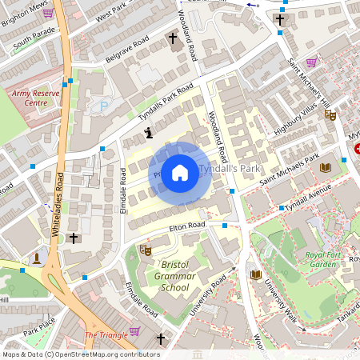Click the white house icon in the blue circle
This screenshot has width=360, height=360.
[x=180, y=171]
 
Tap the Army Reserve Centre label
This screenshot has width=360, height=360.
[x=36, y=98]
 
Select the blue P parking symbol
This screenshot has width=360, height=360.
[x=102, y=106]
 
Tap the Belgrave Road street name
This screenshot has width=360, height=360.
[x=129, y=53]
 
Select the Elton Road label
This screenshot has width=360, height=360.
[x=187, y=227]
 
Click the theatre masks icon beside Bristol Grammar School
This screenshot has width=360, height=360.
[x=146, y=250]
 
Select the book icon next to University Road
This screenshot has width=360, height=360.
[x=255, y=274]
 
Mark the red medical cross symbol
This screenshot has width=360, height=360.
[x=358, y=149]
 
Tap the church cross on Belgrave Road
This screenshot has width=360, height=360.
[x=172, y=38]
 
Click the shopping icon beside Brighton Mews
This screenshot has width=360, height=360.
[x=48, y=13]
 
